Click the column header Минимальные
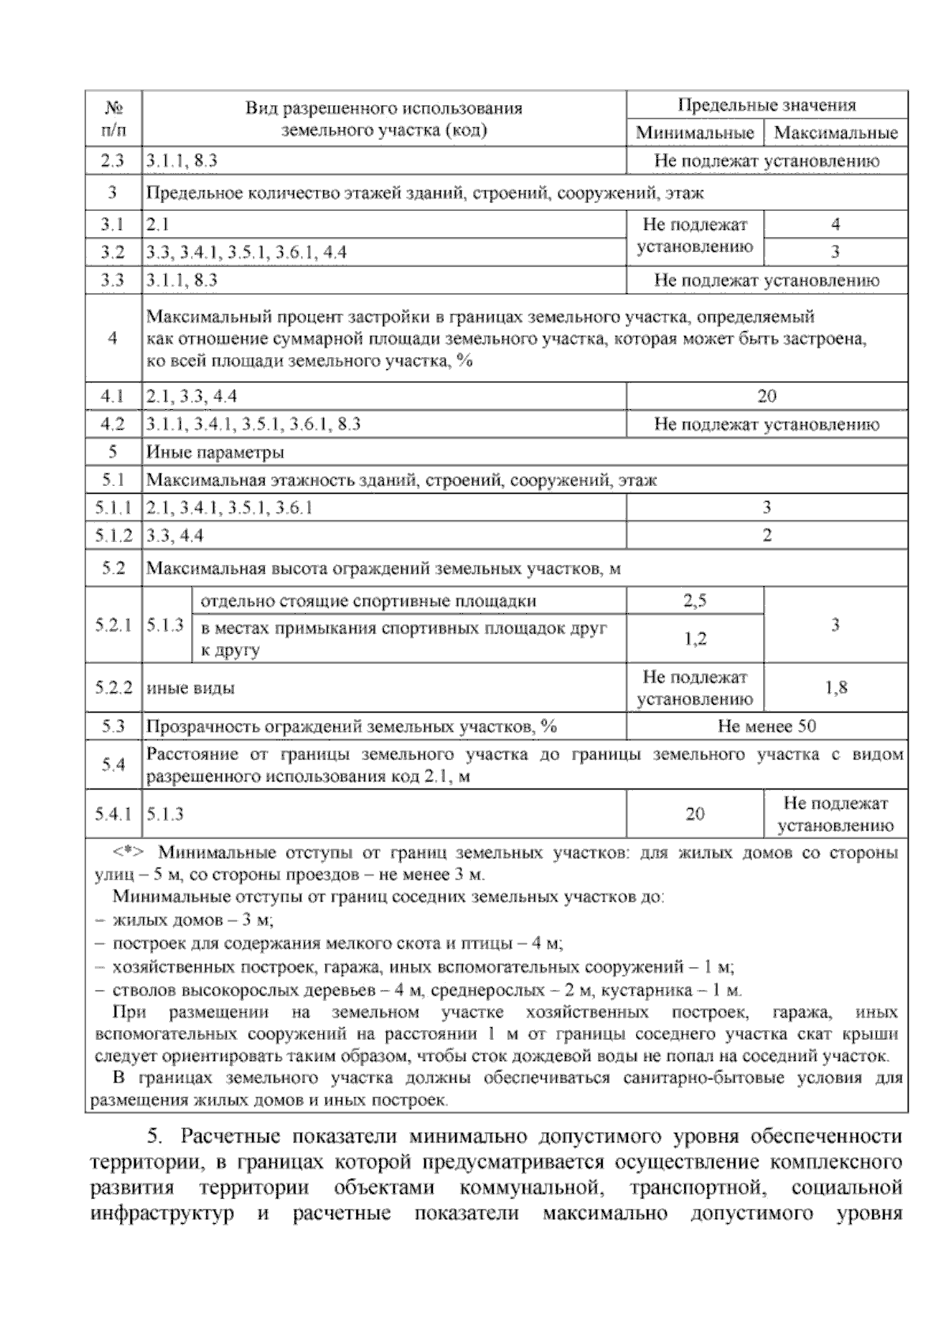click(x=694, y=133)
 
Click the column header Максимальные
click(x=835, y=133)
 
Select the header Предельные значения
click(x=766, y=105)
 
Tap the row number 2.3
click(x=113, y=161)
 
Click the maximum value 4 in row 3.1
click(x=835, y=224)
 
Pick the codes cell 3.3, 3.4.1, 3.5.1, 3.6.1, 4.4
click(x=246, y=252)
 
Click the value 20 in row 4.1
click(x=766, y=396)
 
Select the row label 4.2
click(x=113, y=424)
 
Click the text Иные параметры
click(x=215, y=453)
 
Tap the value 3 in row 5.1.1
click(x=766, y=507)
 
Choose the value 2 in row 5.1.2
click(x=766, y=536)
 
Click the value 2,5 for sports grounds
click(x=694, y=600)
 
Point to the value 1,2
click(x=694, y=638)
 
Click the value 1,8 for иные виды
click(x=835, y=687)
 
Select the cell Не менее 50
click(x=766, y=726)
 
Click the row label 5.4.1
click(x=113, y=814)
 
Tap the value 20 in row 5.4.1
click(x=694, y=814)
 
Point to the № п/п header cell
click(x=113, y=119)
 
